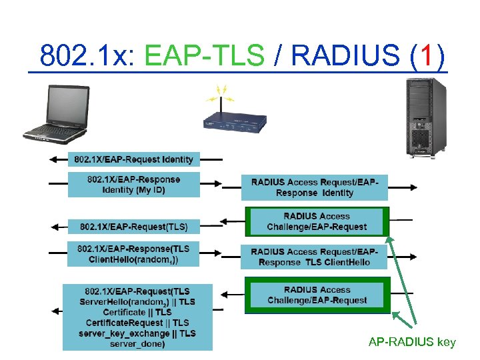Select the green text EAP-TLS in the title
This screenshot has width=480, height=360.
click(204, 57)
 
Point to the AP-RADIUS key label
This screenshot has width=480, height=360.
click(412, 343)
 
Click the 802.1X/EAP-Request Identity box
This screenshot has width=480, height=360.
click(133, 159)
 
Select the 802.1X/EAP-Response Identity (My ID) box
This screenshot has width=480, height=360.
click(133, 184)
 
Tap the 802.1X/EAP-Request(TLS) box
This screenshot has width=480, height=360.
click(133, 225)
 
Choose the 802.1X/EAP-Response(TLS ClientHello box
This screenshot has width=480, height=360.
click(133, 255)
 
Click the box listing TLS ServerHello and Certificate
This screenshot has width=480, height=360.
click(137, 317)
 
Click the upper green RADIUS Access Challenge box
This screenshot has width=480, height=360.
click(317, 221)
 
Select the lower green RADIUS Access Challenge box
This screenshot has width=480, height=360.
click(317, 295)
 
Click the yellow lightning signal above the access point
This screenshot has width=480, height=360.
click(223, 91)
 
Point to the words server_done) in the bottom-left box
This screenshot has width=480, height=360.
click(137, 343)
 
